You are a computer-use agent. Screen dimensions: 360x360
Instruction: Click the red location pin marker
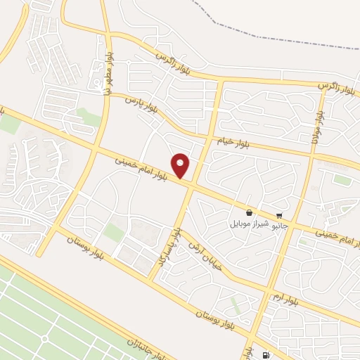pyautogui.click(x=181, y=165)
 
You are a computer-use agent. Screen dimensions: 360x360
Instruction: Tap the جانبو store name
pyautogui.click(x=280, y=225)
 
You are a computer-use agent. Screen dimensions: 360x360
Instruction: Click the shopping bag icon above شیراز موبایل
pyautogui.click(x=249, y=213)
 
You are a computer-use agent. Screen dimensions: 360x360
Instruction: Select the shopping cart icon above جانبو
pyautogui.click(x=280, y=215)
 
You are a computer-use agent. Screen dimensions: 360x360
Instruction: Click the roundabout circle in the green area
pyautogui.click(x=45, y=338)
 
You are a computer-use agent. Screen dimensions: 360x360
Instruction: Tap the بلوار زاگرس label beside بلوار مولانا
pyautogui.click(x=336, y=85)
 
